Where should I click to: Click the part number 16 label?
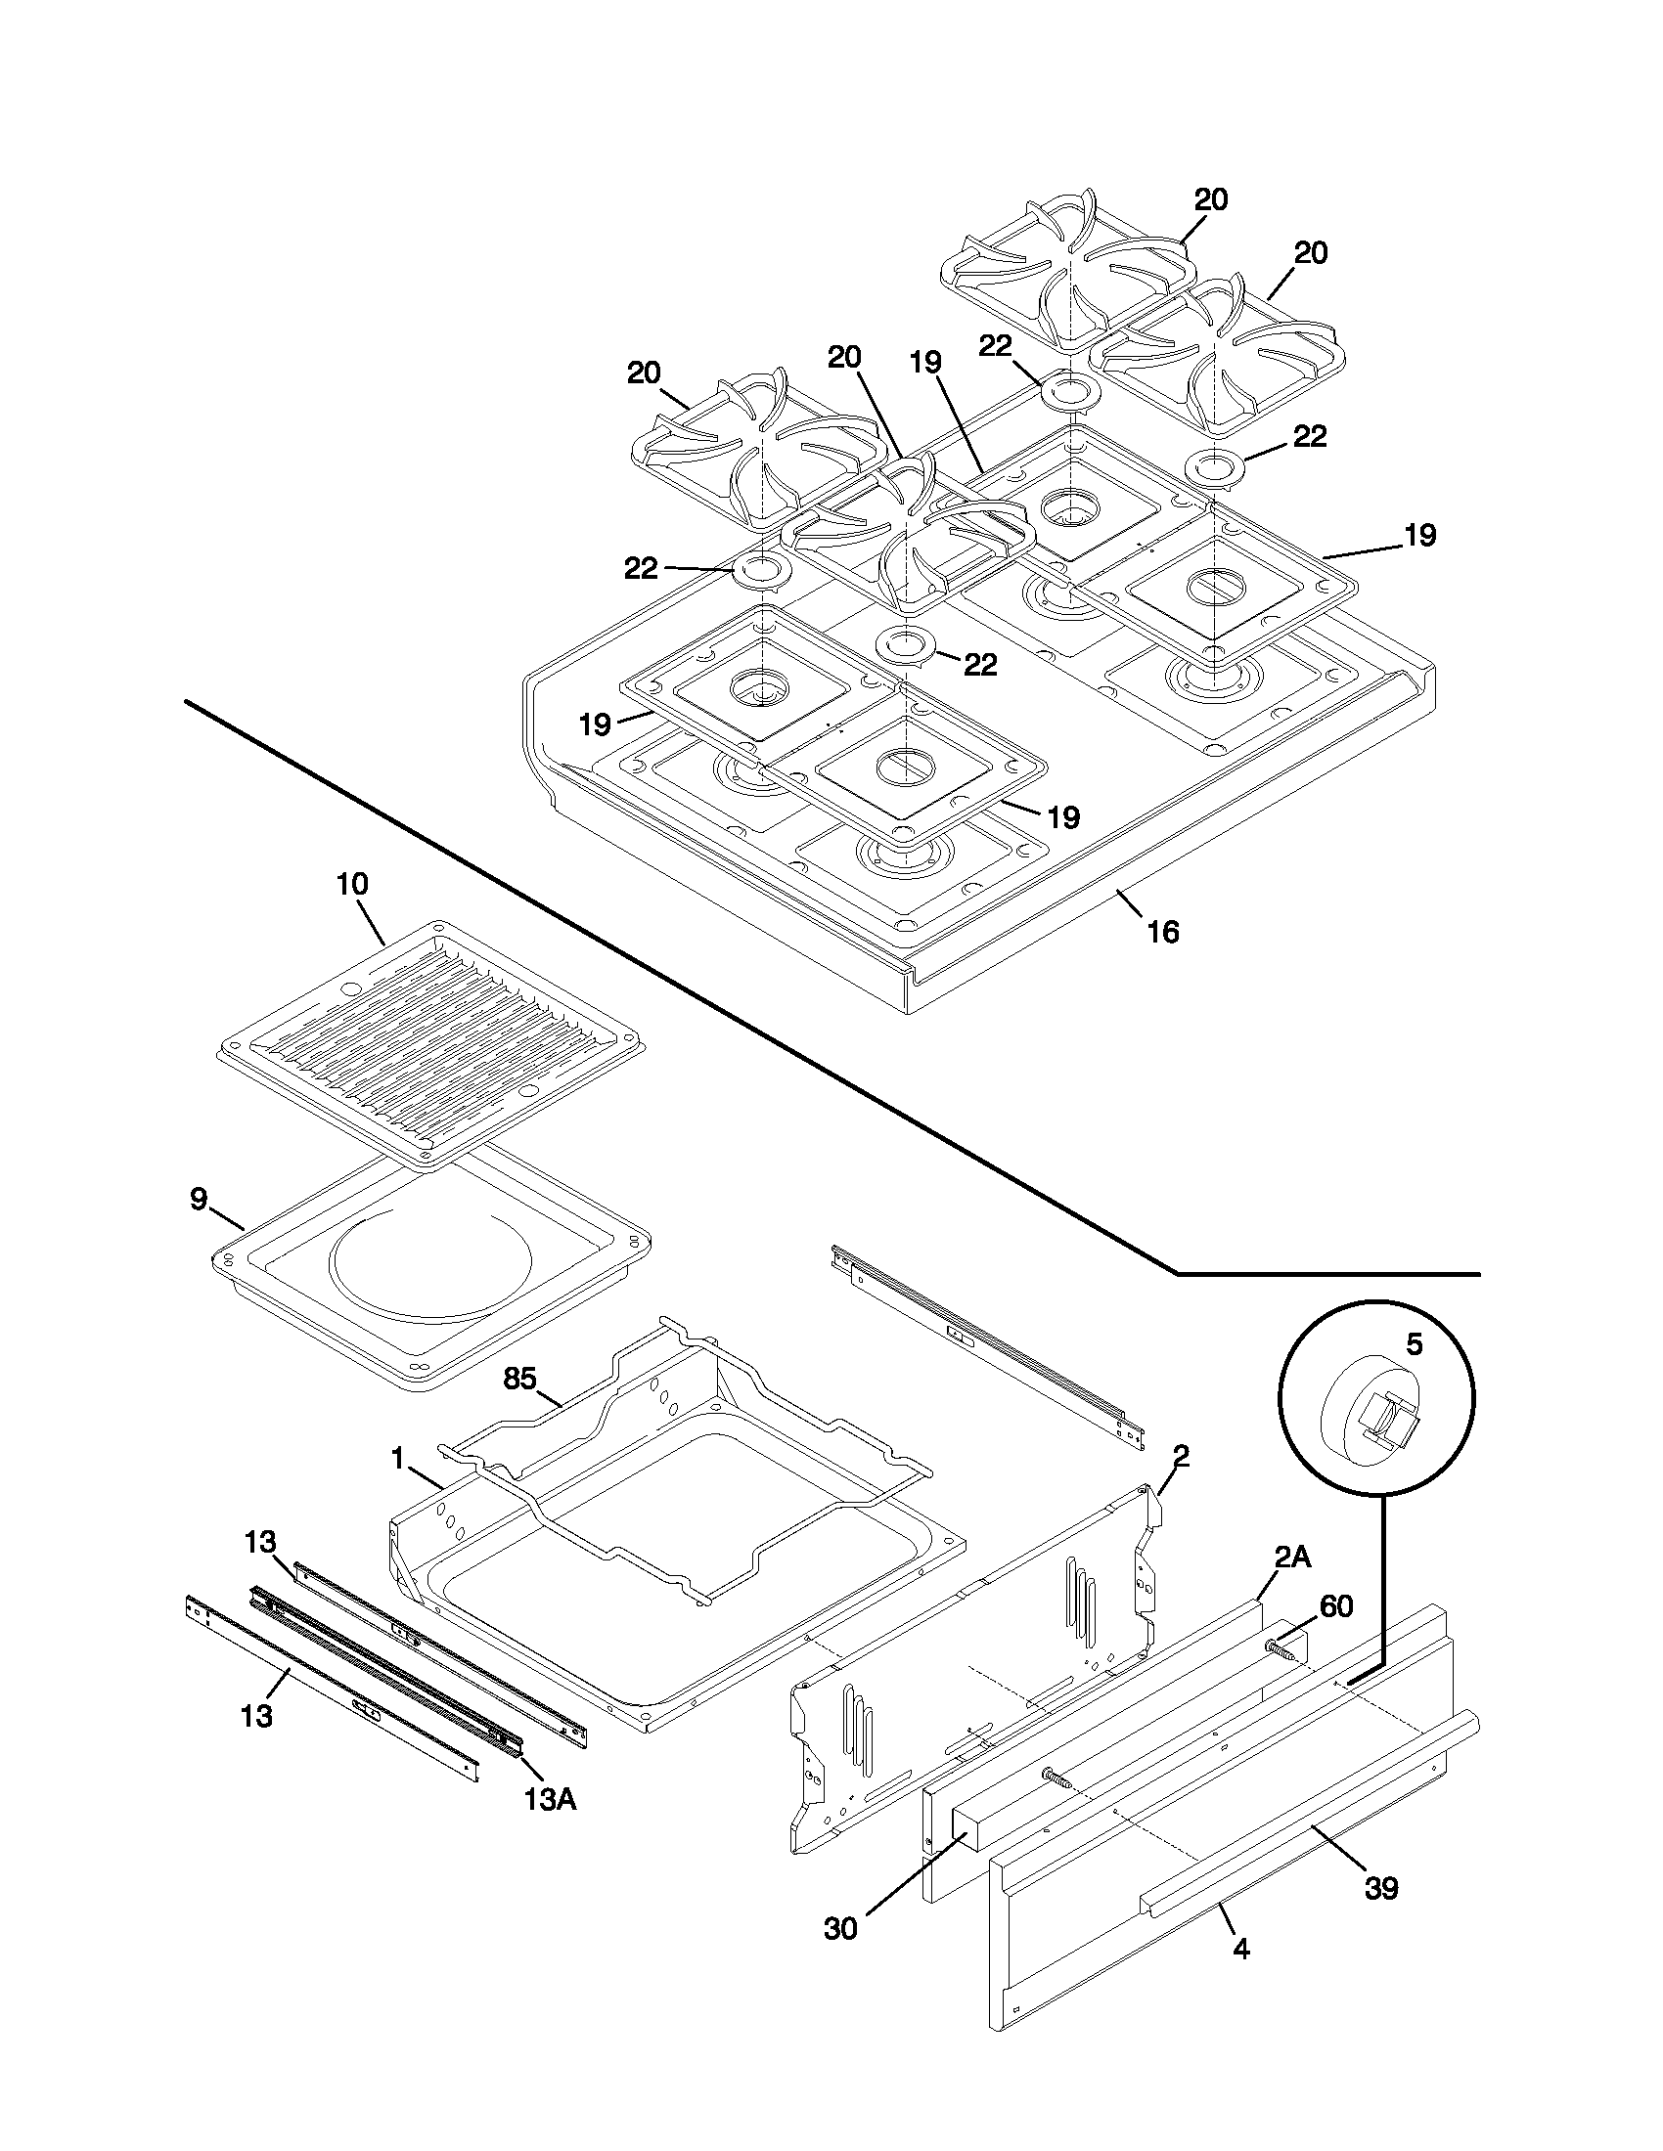pyautogui.click(x=1162, y=932)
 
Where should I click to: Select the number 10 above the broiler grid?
pyautogui.click(x=352, y=884)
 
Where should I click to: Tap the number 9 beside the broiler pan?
pyautogui.click(x=199, y=1199)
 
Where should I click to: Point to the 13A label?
pyautogui.click(x=550, y=1799)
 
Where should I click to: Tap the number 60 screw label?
pyautogui.click(x=1336, y=1606)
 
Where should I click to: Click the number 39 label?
pyautogui.click(x=1381, y=1888)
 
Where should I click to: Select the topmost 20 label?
pyautogui.click(x=1211, y=199)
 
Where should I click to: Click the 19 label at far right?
pyautogui.click(x=1419, y=536)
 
